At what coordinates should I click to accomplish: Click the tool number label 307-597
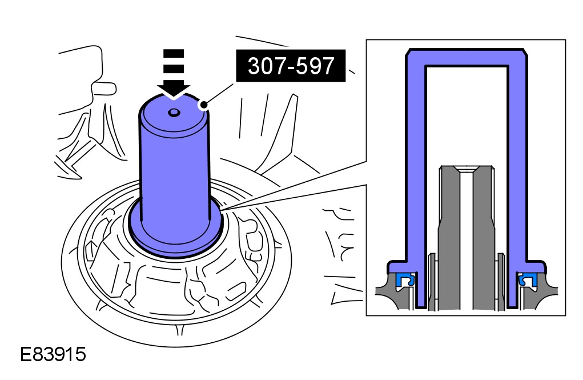pos(291,66)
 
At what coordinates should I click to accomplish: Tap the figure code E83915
pos(53,354)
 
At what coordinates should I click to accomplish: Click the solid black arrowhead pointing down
pos(174,90)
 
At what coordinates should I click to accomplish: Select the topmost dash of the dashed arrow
pos(174,54)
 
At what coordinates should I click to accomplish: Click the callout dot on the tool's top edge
pos(204,105)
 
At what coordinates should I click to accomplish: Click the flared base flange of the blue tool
pos(175,238)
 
